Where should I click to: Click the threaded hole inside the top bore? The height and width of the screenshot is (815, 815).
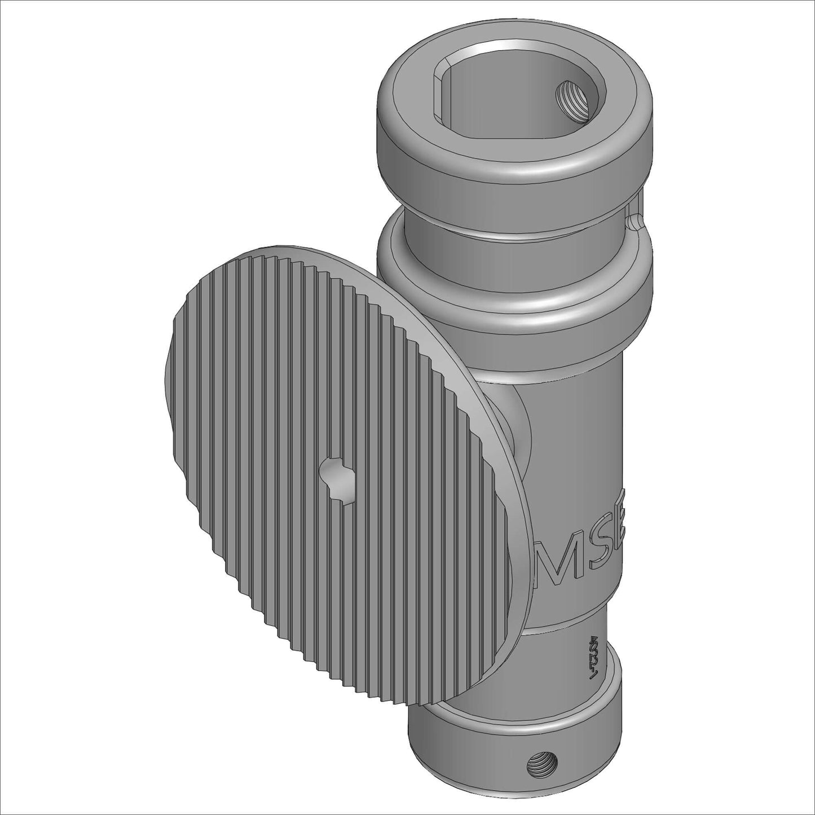tap(572, 98)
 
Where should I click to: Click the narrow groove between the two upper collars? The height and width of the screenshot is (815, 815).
tap(508, 223)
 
